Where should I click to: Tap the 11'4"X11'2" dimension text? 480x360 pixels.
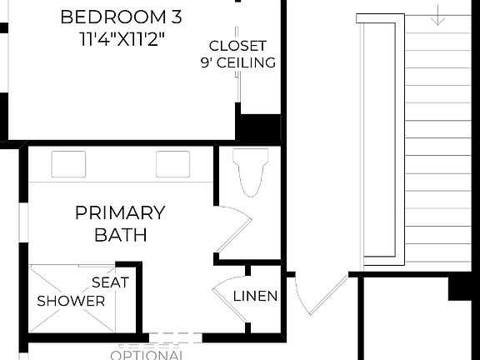[123, 37]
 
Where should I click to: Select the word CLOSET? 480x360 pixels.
[237, 46]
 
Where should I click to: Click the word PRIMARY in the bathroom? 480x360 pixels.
[120, 212]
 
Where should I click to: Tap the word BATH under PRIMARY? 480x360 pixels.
[121, 234]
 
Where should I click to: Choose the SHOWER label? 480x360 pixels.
[71, 300]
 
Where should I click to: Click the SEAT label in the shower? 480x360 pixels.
[110, 282]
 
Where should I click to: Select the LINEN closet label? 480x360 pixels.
[255, 296]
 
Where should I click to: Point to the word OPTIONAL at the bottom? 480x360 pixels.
[147, 354]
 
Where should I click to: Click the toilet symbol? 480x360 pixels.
[252, 171]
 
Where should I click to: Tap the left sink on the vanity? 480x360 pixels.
[68, 163]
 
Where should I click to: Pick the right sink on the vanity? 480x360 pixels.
[172, 163]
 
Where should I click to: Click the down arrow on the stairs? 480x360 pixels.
[439, 15]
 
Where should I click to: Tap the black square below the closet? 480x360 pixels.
[258, 129]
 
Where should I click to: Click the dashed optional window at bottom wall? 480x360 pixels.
[158, 338]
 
